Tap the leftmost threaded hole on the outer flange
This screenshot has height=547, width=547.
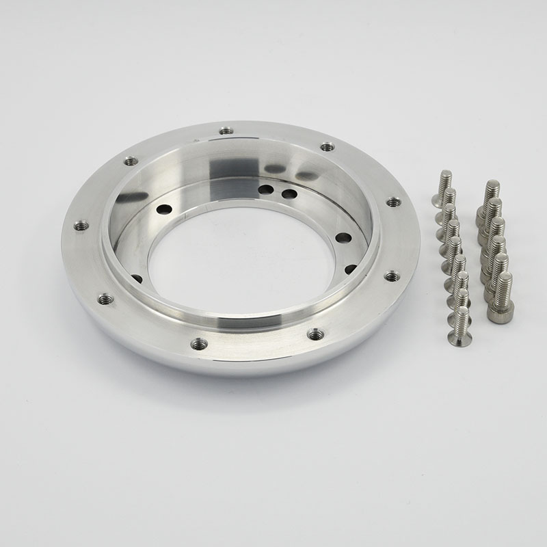[81, 224]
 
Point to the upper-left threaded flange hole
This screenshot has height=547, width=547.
[131, 161]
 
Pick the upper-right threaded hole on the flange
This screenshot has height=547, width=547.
[327, 146]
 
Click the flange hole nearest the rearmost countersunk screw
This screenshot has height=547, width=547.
[393, 202]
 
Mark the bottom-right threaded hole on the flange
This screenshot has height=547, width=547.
[315, 334]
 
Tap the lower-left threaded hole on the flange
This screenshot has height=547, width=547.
[105, 299]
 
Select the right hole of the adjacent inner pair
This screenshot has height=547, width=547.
[289, 194]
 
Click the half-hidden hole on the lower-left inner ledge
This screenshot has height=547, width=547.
[137, 278]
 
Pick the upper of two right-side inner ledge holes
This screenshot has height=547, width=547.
[343, 239]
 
